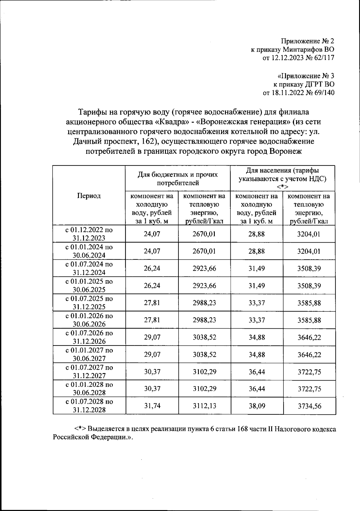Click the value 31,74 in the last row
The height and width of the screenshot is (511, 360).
coord(152,406)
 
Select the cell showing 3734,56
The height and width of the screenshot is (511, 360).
coord(309,406)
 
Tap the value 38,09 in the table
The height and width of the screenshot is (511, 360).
coord(257,406)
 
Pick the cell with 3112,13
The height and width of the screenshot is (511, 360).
coord(204,406)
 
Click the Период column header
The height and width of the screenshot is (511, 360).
coord(89,196)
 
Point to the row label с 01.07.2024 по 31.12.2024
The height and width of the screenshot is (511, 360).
coord(89,268)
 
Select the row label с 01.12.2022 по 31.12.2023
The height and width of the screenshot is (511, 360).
coord(89,234)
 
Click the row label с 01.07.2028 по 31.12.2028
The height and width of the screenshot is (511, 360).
coord(89,405)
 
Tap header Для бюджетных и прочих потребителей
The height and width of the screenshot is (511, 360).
coord(178,178)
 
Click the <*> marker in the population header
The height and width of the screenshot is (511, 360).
coord(282,187)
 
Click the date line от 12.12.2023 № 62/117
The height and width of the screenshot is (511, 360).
coord(298,58)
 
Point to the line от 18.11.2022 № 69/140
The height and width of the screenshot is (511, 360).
coord(298,93)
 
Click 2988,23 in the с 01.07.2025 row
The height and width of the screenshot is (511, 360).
coord(204,303)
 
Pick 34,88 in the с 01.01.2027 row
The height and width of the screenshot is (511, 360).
coord(257,354)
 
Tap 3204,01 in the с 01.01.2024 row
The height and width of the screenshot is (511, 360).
coord(309,251)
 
